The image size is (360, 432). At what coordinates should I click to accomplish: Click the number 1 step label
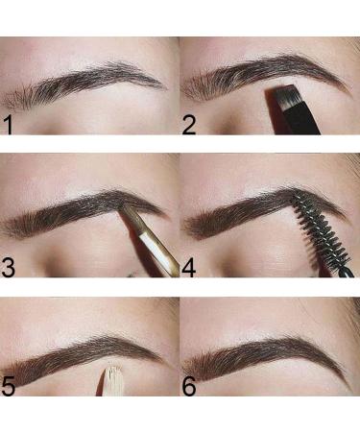8,126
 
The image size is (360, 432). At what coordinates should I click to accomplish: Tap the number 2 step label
189,126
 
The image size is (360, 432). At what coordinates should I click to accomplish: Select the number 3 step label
9,267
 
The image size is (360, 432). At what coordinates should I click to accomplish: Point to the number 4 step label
189,268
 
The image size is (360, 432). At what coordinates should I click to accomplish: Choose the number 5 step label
9,386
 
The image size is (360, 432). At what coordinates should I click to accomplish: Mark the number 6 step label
189,386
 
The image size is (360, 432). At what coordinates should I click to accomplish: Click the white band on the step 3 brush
151,244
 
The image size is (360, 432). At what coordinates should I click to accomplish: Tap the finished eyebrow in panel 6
267,357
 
